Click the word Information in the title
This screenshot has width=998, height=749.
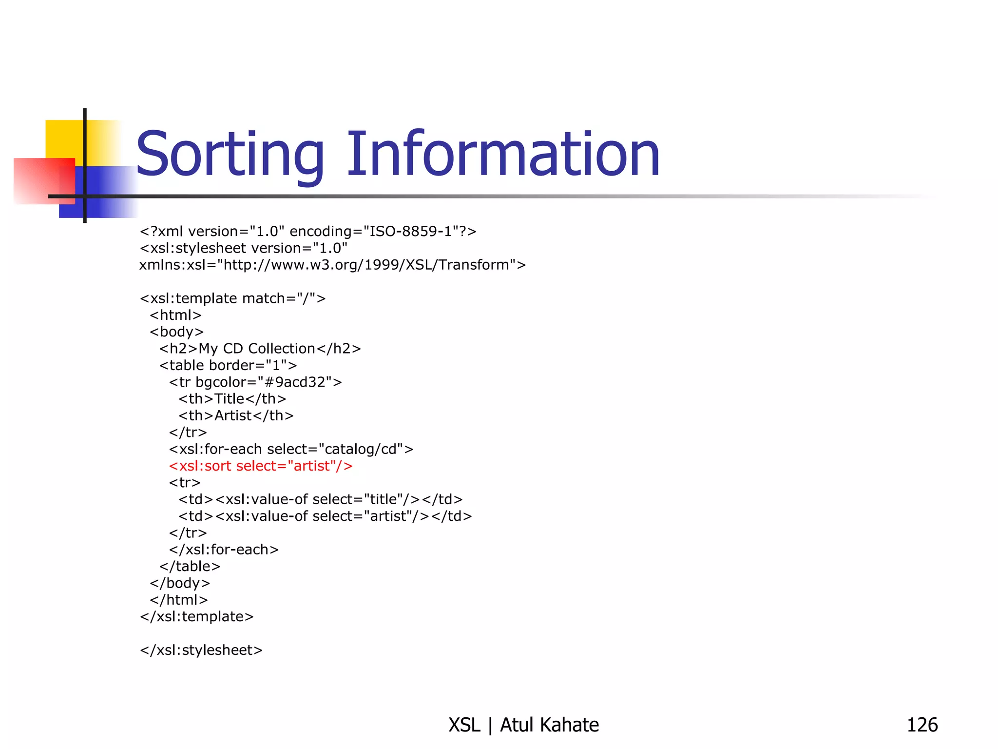click(503, 155)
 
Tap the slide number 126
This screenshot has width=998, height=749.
click(922, 725)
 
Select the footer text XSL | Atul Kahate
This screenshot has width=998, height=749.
click(523, 725)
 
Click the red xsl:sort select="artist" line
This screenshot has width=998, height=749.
click(261, 466)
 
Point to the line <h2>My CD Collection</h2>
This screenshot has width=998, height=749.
click(260, 349)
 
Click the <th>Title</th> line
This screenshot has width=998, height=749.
click(232, 399)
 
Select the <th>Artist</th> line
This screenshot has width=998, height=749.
click(236, 415)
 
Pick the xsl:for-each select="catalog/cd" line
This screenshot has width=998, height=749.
click(291, 449)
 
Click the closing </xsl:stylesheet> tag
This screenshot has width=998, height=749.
click(201, 650)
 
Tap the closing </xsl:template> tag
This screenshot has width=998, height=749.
click(197, 617)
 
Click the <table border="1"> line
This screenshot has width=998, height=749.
click(228, 365)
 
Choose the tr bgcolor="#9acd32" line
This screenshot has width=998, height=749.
click(255, 382)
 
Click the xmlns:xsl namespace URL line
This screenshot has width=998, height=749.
click(332, 265)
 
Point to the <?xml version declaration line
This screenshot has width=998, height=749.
click(308, 231)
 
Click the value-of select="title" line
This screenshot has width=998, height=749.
click(320, 499)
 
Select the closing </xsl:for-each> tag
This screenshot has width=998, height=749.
click(224, 550)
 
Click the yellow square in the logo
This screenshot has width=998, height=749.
click(63, 139)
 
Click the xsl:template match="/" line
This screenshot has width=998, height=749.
click(233, 298)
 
